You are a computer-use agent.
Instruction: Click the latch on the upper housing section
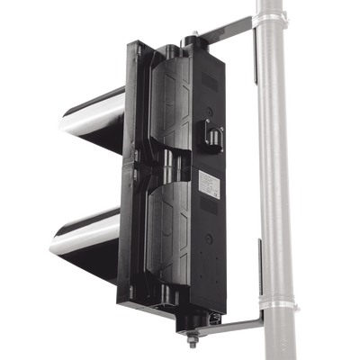click(x=216, y=134)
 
